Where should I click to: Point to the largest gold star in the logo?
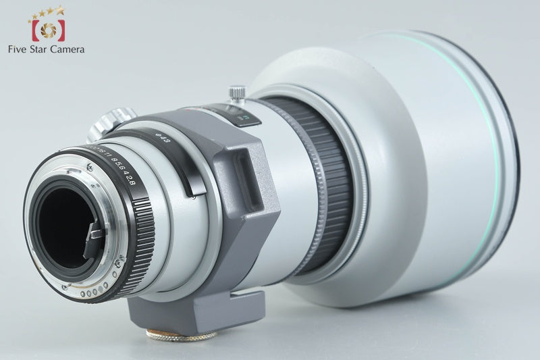(60, 9)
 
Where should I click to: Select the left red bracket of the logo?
(33, 30)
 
